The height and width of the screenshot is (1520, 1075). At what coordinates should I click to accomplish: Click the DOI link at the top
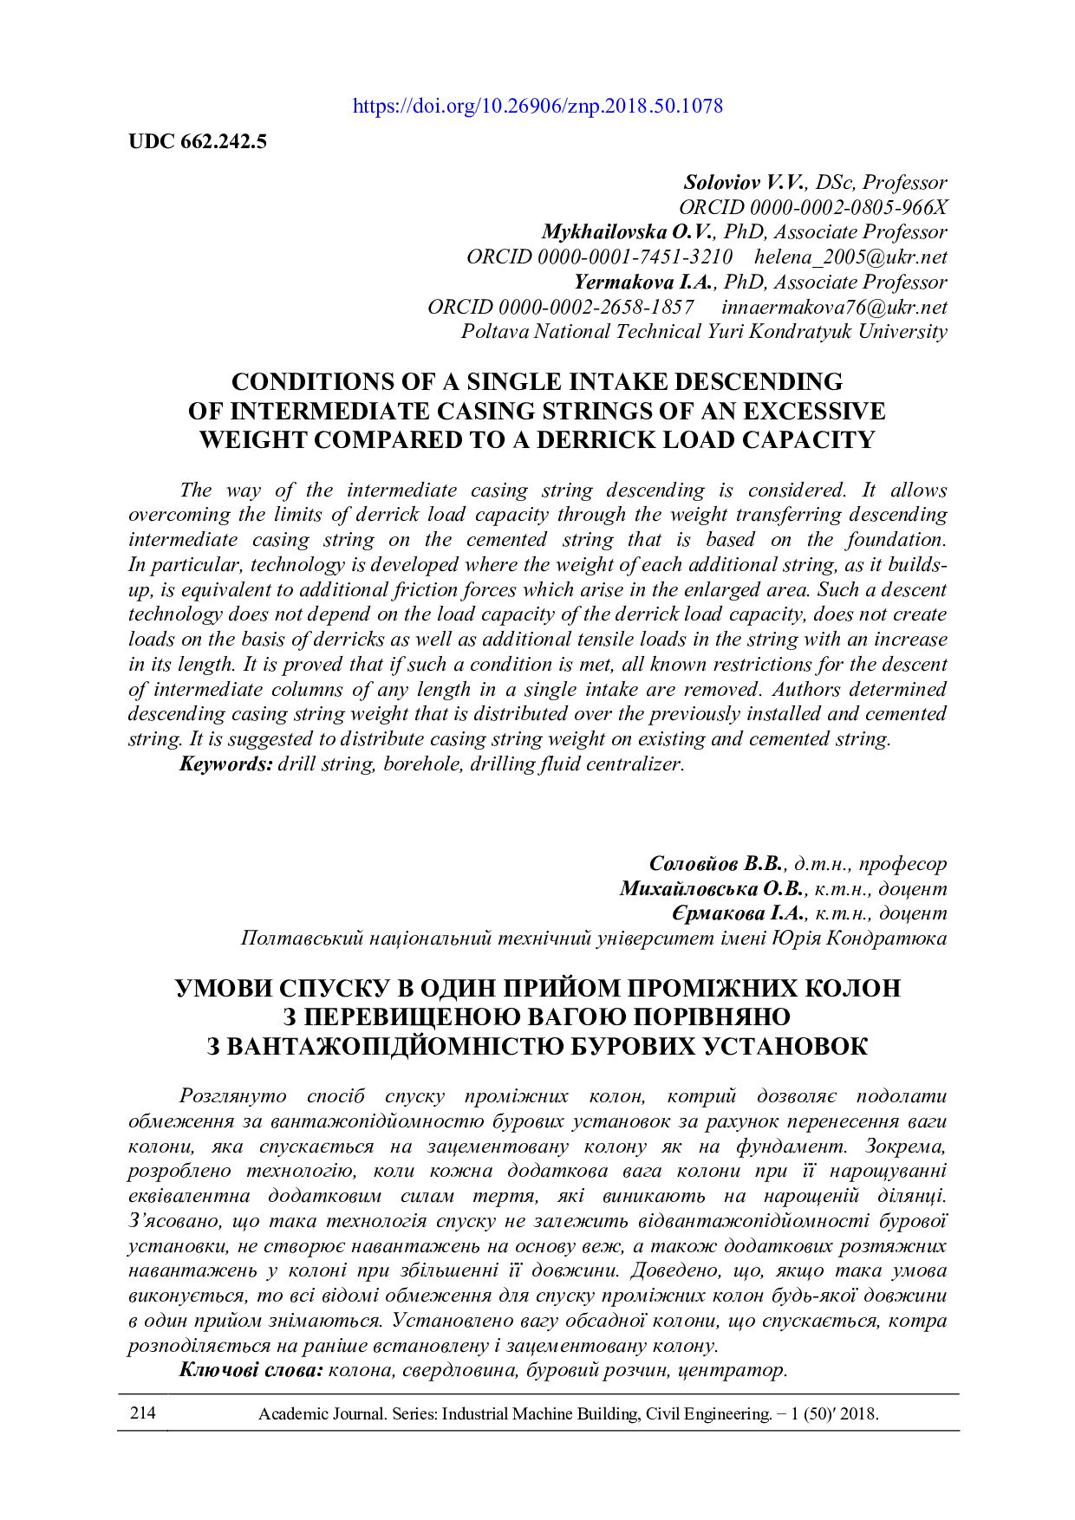coord(537,107)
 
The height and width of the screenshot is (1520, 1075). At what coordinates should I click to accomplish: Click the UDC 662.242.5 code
coord(198,141)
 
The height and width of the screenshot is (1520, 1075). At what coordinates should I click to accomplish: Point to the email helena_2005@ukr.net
coord(850,257)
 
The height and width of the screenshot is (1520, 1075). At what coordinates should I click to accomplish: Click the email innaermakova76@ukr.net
coord(834,308)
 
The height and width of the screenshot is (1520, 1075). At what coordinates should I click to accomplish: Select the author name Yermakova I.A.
coord(642,283)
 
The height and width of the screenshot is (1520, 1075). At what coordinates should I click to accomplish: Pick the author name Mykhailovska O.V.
coord(628,232)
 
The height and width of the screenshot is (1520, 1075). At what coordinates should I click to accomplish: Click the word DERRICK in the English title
coord(598,440)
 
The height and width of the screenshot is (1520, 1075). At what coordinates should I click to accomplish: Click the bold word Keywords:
coord(226,764)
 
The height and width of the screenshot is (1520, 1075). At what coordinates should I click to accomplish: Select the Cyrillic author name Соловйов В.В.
coord(716,864)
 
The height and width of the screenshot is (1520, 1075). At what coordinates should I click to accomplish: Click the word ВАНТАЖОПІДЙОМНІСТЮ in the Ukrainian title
coord(394,1047)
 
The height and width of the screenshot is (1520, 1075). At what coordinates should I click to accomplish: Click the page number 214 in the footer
coord(143,1413)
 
